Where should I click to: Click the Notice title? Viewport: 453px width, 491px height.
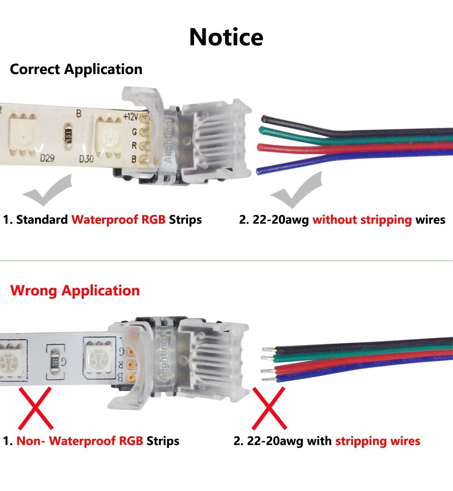[226, 37]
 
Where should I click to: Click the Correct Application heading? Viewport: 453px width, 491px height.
[76, 69]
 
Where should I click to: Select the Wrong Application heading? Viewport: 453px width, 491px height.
[75, 290]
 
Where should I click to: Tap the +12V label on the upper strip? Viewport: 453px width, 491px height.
[131, 117]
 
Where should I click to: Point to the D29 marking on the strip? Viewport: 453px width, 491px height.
[47, 157]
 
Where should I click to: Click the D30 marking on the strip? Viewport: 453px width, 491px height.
[86, 159]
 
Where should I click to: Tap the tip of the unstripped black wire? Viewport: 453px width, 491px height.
[263, 119]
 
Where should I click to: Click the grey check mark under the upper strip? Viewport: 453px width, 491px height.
[47, 191]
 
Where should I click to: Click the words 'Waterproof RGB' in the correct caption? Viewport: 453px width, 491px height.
[119, 219]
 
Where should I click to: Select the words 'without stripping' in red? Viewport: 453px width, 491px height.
[362, 219]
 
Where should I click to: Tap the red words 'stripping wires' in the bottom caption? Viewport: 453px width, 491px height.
[378, 441]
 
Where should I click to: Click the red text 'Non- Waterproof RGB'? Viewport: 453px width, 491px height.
[80, 441]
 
